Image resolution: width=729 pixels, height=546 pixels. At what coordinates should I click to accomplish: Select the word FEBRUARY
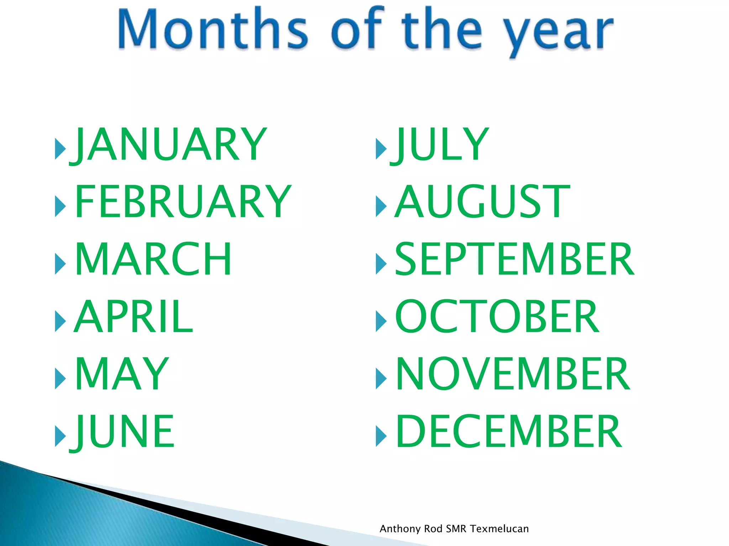click(x=183, y=202)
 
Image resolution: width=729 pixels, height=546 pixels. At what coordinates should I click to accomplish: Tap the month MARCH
click(x=153, y=259)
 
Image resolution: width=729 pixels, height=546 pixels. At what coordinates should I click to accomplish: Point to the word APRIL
click(x=133, y=316)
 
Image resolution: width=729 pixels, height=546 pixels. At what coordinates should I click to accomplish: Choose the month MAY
click(x=122, y=374)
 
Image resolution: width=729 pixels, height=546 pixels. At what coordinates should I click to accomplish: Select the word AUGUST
click(x=482, y=202)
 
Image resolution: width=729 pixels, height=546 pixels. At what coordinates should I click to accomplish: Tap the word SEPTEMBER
click(x=514, y=259)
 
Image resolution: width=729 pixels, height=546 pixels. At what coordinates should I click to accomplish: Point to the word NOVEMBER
click(x=513, y=374)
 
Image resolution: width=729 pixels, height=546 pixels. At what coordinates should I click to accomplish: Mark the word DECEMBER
click(x=509, y=432)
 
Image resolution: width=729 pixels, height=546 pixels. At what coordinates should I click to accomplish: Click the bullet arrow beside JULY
click(x=381, y=149)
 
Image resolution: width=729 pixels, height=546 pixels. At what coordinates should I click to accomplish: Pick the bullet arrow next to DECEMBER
click(x=381, y=436)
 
